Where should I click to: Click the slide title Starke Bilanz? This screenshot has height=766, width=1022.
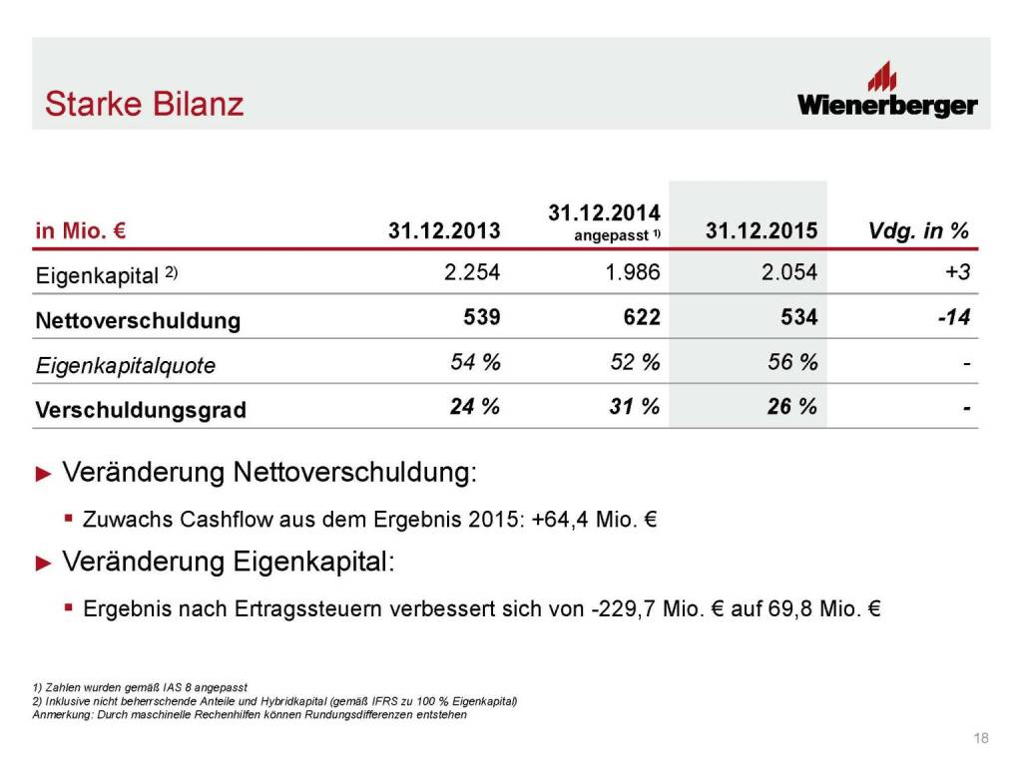point(145,104)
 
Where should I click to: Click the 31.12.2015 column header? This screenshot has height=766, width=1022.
point(762,231)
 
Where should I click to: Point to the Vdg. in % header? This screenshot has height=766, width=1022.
point(919,231)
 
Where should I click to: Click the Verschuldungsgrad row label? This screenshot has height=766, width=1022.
point(141,410)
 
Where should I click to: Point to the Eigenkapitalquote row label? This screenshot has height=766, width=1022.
point(125,365)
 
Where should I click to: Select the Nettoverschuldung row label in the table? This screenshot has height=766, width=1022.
point(138,320)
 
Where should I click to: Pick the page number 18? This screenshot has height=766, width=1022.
point(980,738)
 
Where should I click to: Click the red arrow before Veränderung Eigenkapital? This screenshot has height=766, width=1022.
point(42,564)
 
